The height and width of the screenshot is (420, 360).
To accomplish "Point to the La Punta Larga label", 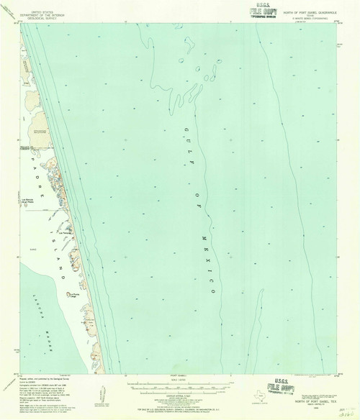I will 74,294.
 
